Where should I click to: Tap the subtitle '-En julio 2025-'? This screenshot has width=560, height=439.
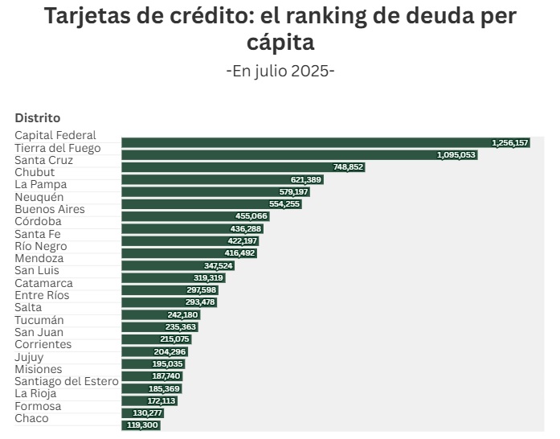tap(280, 71)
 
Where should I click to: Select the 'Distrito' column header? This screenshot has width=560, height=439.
tap(37, 117)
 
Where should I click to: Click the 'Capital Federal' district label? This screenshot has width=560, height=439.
tap(55, 136)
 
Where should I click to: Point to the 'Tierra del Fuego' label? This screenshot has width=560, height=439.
tap(58, 148)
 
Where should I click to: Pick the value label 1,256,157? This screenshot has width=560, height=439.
tap(510, 142)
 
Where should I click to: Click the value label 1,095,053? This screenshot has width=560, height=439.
tap(456, 154)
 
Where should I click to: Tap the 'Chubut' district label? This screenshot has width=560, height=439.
tap(35, 172)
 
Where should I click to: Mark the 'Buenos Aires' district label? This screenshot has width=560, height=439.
tap(50, 209)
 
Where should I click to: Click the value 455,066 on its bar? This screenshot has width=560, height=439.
tap(251, 216)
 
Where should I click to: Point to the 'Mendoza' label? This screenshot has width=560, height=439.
tap(39, 259)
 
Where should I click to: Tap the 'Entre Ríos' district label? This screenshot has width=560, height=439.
tap(42, 295)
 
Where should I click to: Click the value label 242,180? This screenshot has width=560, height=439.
tap(182, 314)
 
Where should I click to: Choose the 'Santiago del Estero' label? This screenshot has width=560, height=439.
tap(67, 381)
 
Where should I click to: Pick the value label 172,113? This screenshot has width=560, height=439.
tap(161, 400)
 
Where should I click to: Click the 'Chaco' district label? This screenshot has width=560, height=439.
tap(31, 418)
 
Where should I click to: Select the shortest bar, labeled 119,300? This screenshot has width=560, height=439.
tap(141, 425)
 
